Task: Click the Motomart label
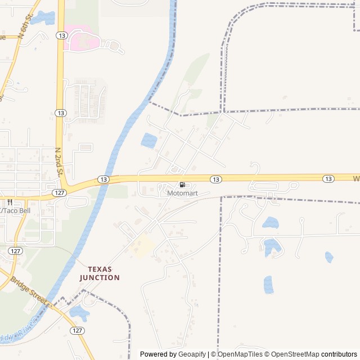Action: (182, 193)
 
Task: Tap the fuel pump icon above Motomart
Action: (182, 184)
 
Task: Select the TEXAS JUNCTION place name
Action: (100, 273)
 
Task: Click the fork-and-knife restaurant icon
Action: (10, 202)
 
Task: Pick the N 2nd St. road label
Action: (58, 162)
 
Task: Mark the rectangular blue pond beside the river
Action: (149, 140)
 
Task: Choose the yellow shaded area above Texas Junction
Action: (141, 246)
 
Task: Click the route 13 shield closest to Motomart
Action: (215, 179)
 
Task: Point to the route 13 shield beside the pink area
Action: (61, 35)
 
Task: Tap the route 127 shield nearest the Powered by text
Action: (77, 331)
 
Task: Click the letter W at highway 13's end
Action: (355, 178)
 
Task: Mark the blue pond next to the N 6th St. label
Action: (42, 18)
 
